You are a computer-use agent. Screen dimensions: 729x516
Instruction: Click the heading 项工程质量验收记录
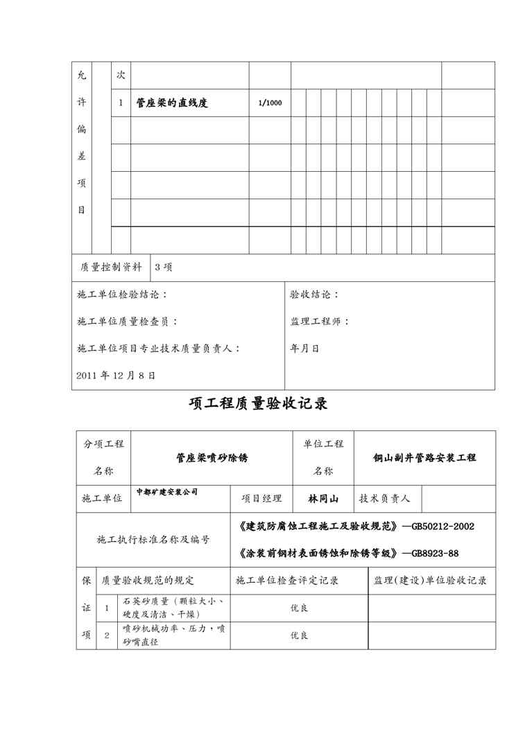(x=258, y=404)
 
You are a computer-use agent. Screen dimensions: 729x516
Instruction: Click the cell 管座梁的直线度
(x=172, y=103)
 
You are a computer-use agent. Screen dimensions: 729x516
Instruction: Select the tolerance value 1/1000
(x=270, y=103)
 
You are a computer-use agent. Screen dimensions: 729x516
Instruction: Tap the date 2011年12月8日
(x=116, y=375)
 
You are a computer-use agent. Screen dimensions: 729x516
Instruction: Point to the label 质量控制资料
(x=111, y=267)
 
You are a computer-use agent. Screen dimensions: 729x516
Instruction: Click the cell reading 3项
(x=164, y=267)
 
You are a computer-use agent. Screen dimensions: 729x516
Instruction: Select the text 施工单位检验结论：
(x=122, y=295)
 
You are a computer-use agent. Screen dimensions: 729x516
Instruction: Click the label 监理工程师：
(x=320, y=322)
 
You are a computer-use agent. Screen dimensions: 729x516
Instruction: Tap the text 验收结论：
(x=315, y=295)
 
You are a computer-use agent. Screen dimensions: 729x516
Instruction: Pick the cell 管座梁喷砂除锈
(x=212, y=458)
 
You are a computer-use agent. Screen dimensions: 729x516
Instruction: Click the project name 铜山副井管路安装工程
(x=424, y=458)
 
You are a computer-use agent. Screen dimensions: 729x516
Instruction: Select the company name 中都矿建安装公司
(x=167, y=491)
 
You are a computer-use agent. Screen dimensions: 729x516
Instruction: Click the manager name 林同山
(x=323, y=498)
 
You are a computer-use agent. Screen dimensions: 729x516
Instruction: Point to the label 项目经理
(x=261, y=498)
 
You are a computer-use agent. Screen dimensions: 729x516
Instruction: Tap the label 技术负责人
(x=385, y=498)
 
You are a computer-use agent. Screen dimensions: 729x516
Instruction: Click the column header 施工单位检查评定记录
(x=287, y=580)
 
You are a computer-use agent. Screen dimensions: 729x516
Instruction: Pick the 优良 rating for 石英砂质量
(x=299, y=608)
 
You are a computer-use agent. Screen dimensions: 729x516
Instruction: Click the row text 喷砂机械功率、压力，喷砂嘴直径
(x=173, y=635)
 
